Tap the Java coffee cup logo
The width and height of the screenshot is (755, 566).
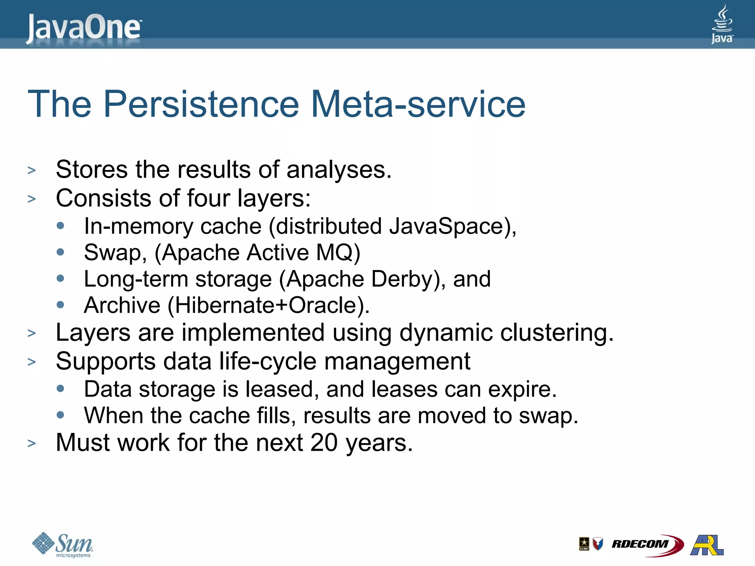tap(722, 24)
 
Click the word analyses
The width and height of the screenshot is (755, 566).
tap(339, 170)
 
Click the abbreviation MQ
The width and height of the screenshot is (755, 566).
tap(337, 252)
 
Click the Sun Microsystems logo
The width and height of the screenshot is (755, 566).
tap(63, 545)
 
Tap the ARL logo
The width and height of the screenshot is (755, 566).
tap(707, 545)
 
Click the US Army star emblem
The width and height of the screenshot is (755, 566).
tap(584, 544)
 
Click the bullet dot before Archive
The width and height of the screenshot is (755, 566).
tap(61, 305)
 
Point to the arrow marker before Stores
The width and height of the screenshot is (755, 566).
tap(32, 170)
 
